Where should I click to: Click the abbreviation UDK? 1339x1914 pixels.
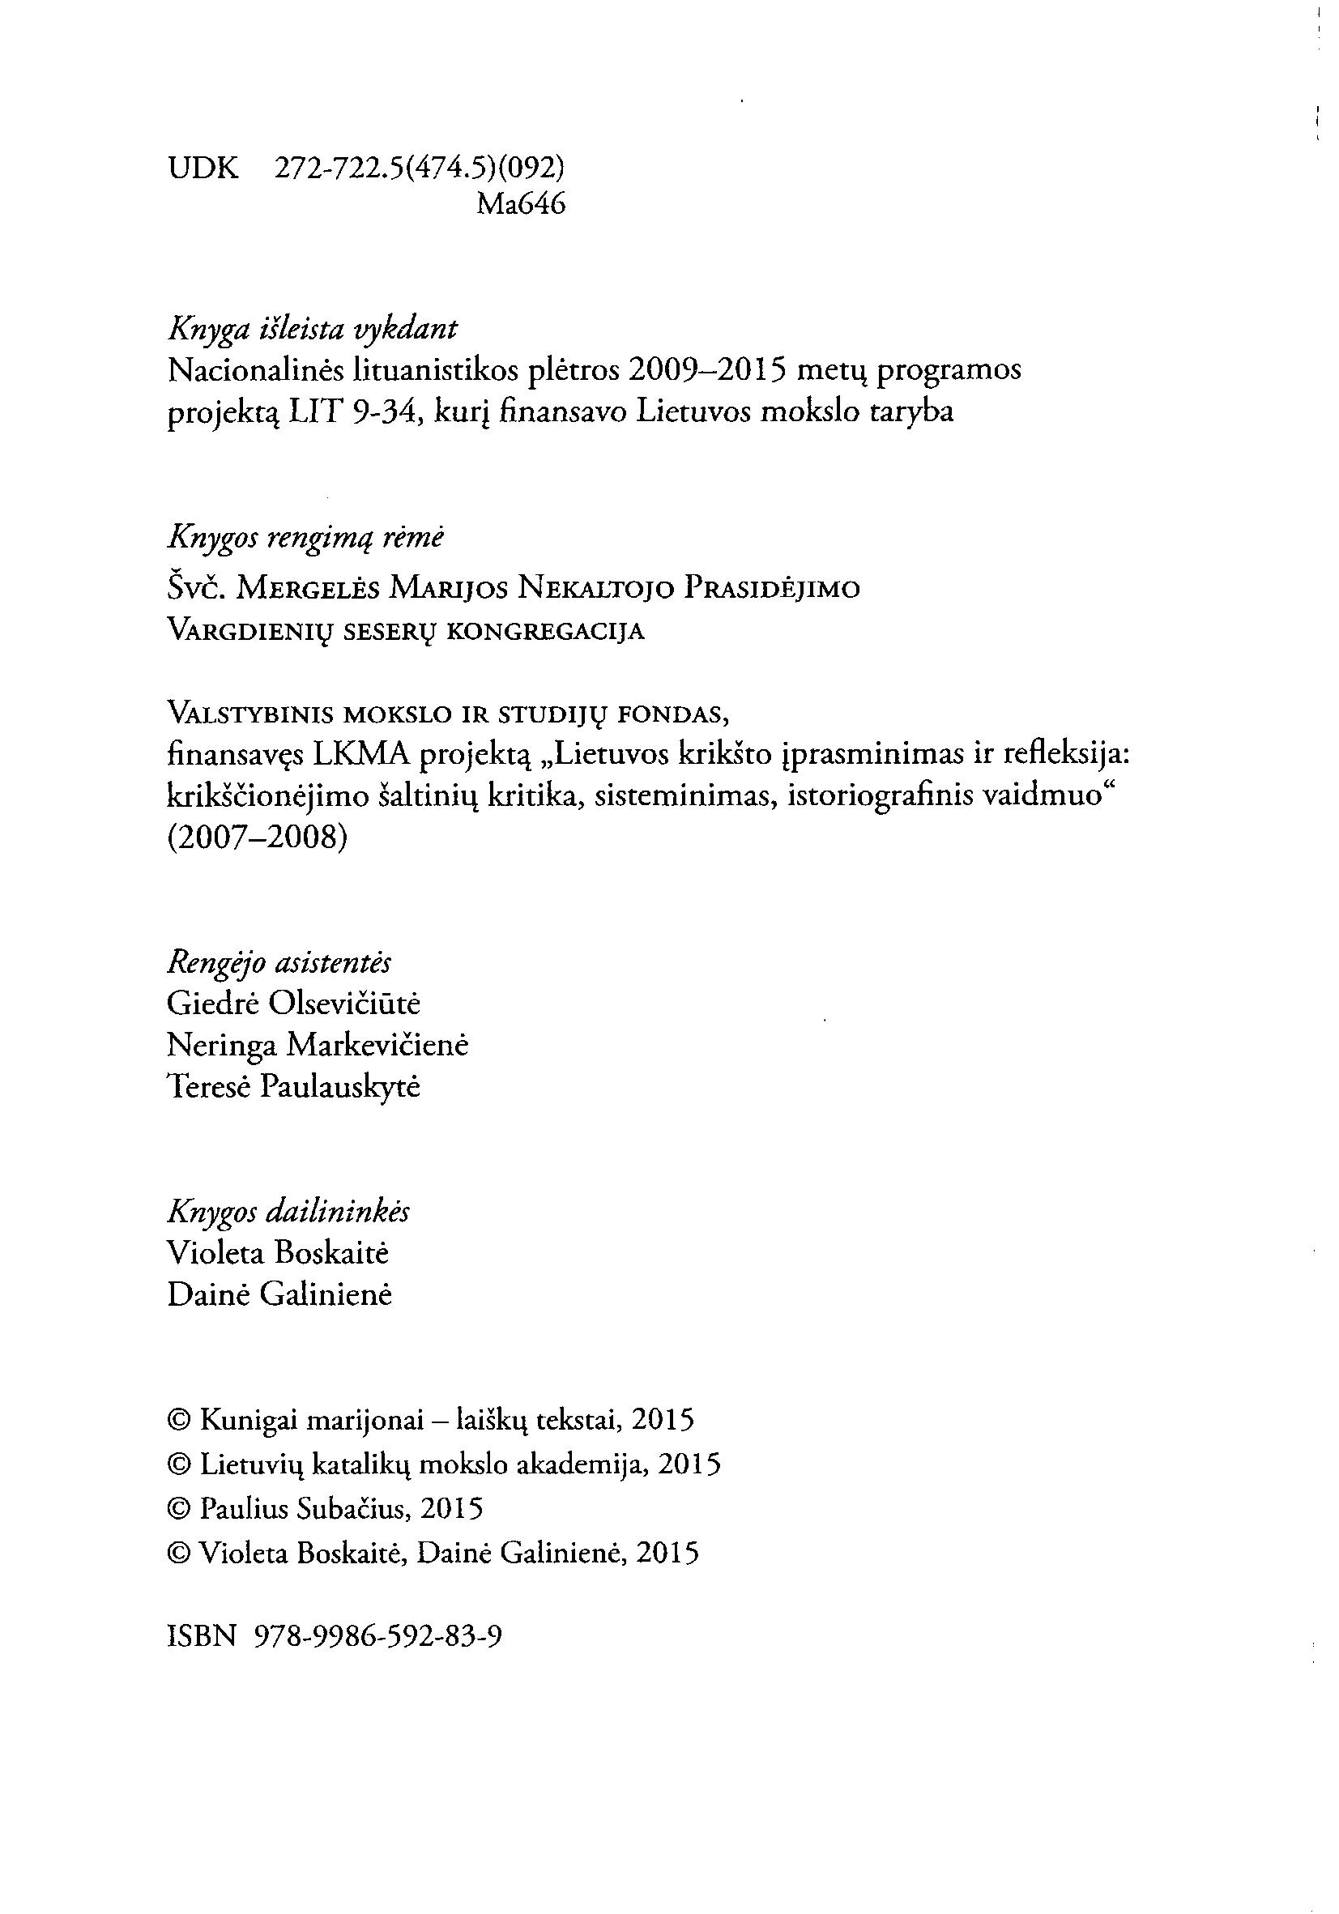(x=203, y=169)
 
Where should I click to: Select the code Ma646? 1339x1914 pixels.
(x=520, y=204)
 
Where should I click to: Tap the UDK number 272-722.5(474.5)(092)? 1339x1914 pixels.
(x=420, y=169)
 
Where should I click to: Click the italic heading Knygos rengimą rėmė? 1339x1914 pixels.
(x=306, y=539)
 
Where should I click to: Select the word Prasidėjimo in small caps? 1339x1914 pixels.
(x=771, y=590)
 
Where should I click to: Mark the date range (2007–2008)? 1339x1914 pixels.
(x=257, y=837)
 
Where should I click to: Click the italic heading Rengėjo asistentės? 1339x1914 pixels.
(x=279, y=963)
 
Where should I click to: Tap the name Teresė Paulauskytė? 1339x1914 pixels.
(x=293, y=1086)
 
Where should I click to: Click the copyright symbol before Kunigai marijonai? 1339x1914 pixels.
(x=179, y=1420)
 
